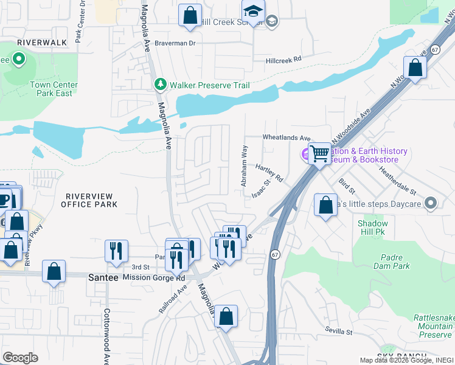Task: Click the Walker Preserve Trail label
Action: pyautogui.click(x=209, y=85)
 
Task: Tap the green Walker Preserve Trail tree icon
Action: pyautogui.click(x=159, y=85)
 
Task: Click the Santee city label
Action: pyautogui.click(x=102, y=277)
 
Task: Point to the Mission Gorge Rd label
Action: pyautogui.click(x=153, y=277)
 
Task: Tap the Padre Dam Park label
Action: pyautogui.click(x=395, y=262)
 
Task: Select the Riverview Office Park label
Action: pyautogui.click(x=89, y=200)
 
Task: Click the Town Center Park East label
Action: pyautogui.click(x=54, y=89)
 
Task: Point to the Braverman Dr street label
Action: pyautogui.click(x=174, y=43)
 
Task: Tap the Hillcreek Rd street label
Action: pyautogui.click(x=284, y=60)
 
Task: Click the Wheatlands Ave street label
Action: pyautogui.click(x=287, y=138)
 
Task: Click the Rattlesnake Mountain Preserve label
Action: pyautogui.click(x=433, y=326)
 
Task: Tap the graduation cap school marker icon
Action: pyautogui.click(x=253, y=10)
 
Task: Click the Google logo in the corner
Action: pyautogui.click(x=20, y=357)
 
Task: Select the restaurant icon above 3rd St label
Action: pyautogui.click(x=116, y=250)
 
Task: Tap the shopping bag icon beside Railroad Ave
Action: pyautogui.click(x=226, y=316)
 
